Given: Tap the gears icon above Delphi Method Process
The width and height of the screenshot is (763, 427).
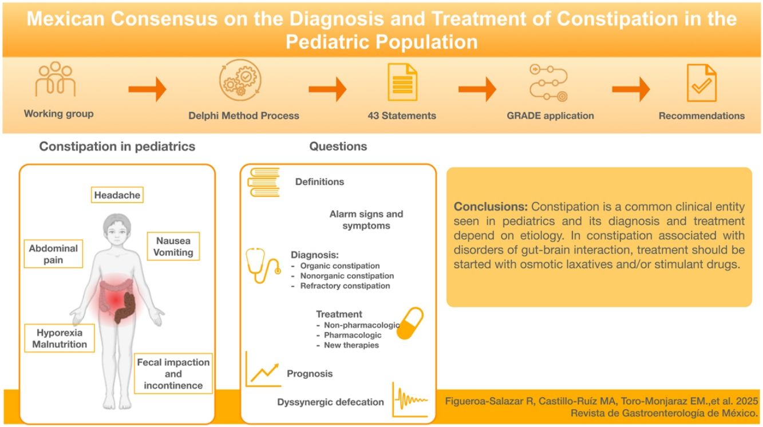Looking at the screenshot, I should point(240,81).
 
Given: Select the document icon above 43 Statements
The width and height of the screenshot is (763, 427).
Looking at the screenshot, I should point(402,82).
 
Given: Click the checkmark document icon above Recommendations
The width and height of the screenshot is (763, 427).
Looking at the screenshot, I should point(701,82).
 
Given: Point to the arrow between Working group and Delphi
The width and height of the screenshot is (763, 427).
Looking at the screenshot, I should point(147,89).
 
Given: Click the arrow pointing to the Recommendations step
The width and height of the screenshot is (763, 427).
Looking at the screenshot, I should point(631,89).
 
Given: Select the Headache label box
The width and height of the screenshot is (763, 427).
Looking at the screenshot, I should point(117,195).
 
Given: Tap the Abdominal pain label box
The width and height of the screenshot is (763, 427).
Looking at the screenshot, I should point(54,254).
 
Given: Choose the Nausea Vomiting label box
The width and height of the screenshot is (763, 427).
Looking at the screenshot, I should point(173,246).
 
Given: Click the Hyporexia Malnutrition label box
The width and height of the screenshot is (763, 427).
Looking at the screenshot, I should point(60,338).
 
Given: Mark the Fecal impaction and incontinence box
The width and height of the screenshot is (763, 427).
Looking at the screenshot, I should point(173,374).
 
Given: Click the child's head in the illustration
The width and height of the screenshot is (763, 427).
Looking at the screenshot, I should point(117,230).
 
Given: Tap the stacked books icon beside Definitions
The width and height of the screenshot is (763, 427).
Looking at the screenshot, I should point(263,183).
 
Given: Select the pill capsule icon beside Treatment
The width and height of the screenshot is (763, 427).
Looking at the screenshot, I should point(410,323).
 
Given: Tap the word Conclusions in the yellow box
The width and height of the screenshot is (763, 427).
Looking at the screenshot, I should point(491,206).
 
